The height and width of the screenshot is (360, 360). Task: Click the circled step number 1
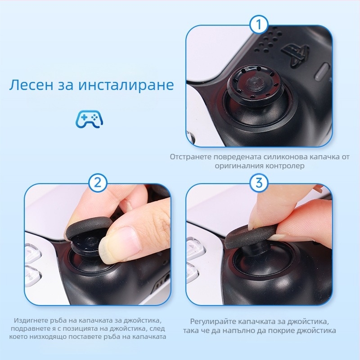(258, 25)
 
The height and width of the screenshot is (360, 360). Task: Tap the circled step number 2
(98, 183)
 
